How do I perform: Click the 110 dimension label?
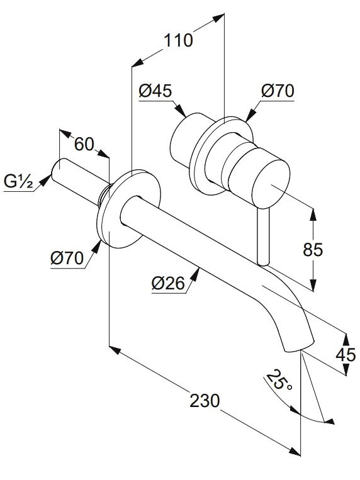coord(178,40)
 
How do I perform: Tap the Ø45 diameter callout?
coord(155,91)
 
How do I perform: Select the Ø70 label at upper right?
coord(278,91)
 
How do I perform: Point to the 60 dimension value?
coord(84,144)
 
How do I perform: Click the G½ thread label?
coord(18,182)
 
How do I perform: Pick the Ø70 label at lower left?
coord(67,258)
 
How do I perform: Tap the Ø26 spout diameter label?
coord(168,283)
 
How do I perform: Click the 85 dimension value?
coord(313,250)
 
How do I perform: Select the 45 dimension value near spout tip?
coord(346,355)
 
